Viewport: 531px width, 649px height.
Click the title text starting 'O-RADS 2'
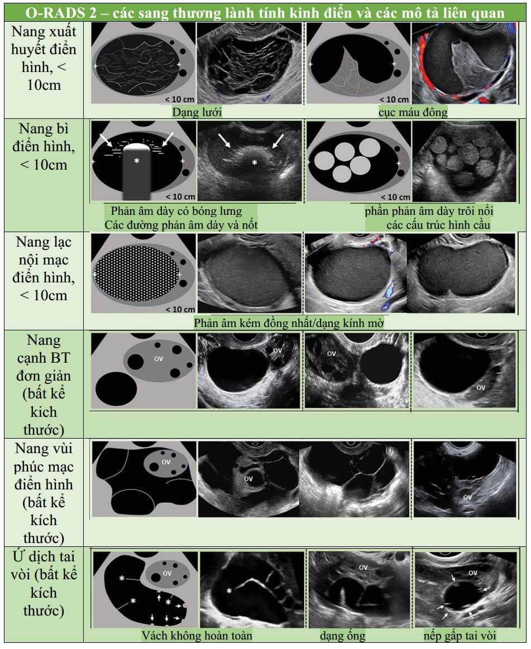265,13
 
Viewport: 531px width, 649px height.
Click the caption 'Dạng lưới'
197,112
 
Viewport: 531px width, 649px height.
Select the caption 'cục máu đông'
413,112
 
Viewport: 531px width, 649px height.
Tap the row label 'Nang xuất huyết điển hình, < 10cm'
44,58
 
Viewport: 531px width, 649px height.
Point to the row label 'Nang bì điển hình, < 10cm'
44,147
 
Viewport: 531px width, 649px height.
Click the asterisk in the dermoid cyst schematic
137,160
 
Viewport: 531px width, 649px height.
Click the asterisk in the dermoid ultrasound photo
254,162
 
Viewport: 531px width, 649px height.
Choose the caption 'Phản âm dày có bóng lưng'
176,211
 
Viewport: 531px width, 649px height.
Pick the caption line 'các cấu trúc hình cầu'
438,225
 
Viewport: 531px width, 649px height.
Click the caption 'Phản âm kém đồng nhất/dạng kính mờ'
289,323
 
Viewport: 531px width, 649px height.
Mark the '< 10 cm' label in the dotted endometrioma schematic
180,309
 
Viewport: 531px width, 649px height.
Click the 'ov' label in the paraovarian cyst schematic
159,359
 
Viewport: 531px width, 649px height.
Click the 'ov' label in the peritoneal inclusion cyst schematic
166,462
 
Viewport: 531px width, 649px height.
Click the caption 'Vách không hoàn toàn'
197,636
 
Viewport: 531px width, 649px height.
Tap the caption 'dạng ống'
342,636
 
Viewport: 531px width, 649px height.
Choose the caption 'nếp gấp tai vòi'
460,636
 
